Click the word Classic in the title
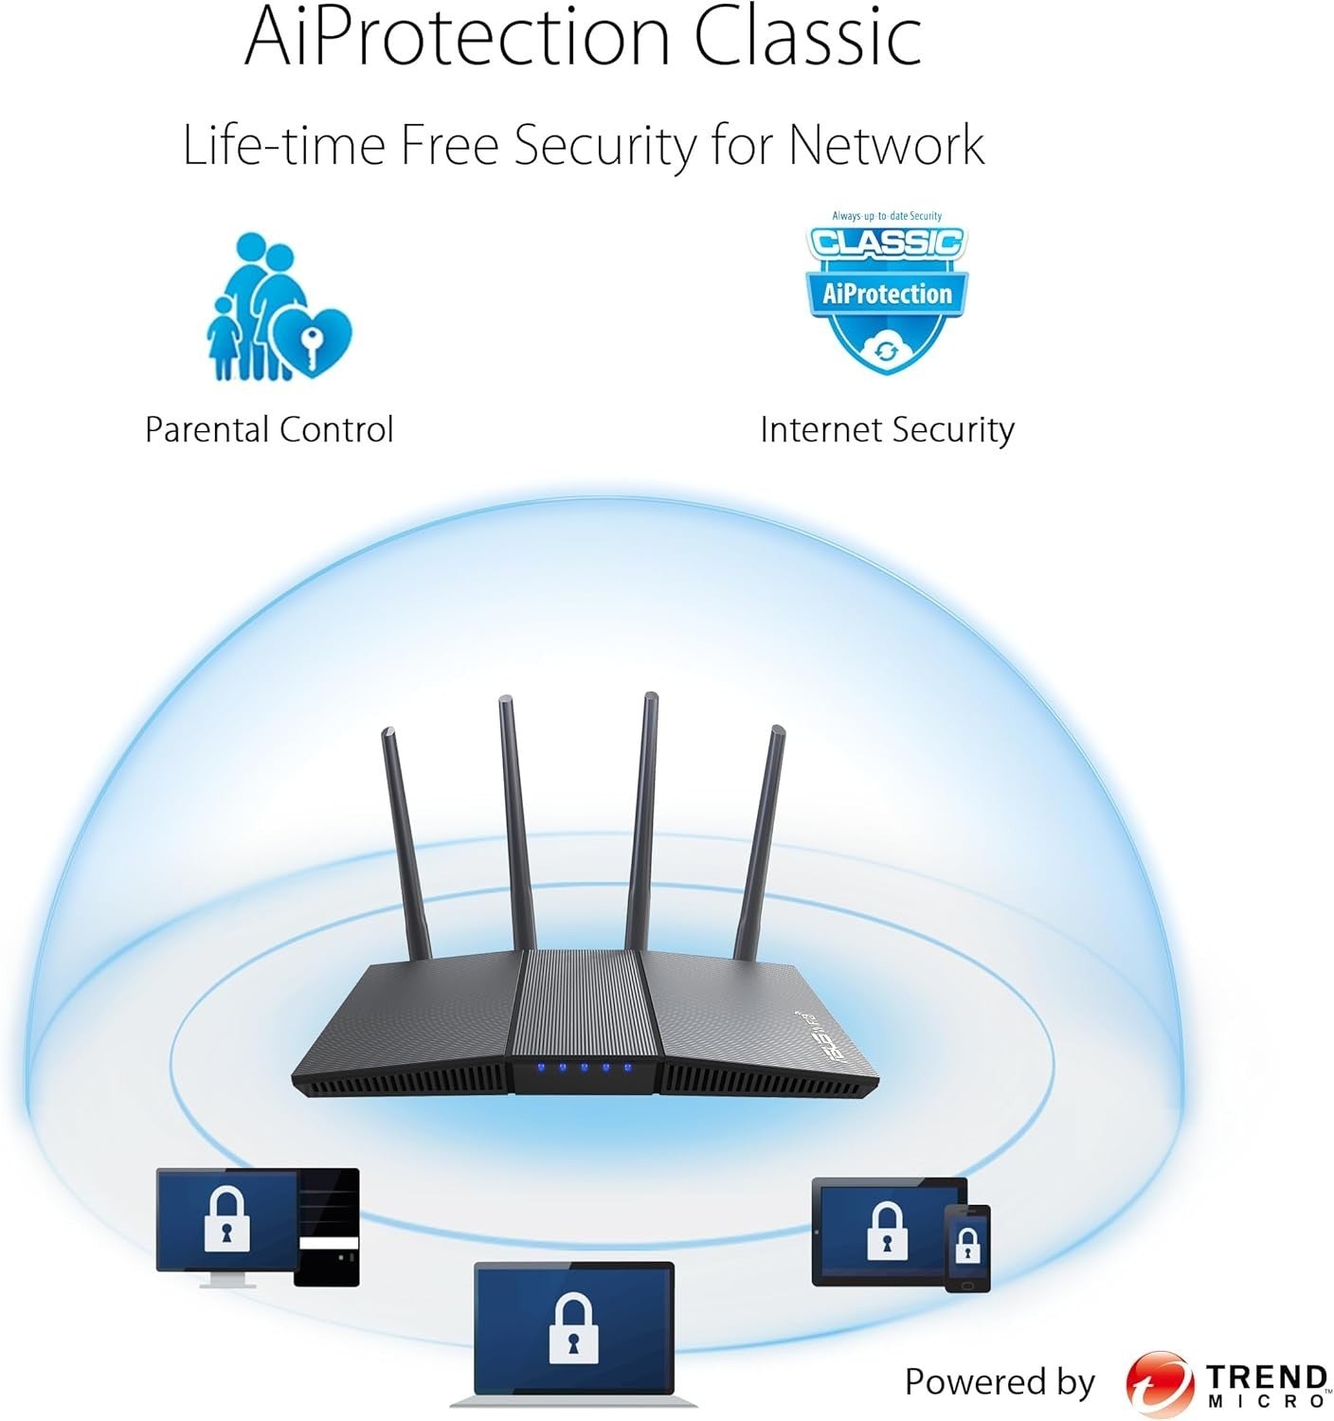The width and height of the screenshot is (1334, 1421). point(808,36)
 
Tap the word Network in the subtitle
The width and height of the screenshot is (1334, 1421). point(886,145)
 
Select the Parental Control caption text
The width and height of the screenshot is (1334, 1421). point(269,429)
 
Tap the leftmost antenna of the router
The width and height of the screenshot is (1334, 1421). point(406,843)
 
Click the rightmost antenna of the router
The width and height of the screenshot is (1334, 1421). point(759,842)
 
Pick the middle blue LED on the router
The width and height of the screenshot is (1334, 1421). point(584,1068)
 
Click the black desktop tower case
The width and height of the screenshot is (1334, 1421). point(326,1227)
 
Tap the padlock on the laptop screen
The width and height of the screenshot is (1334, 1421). point(573,1328)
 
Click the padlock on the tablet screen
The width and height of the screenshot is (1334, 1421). point(887,1231)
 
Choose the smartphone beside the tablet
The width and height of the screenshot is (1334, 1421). point(967,1248)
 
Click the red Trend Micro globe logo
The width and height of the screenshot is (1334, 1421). point(1160,1382)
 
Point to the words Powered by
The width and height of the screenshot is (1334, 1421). point(1000,1381)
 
